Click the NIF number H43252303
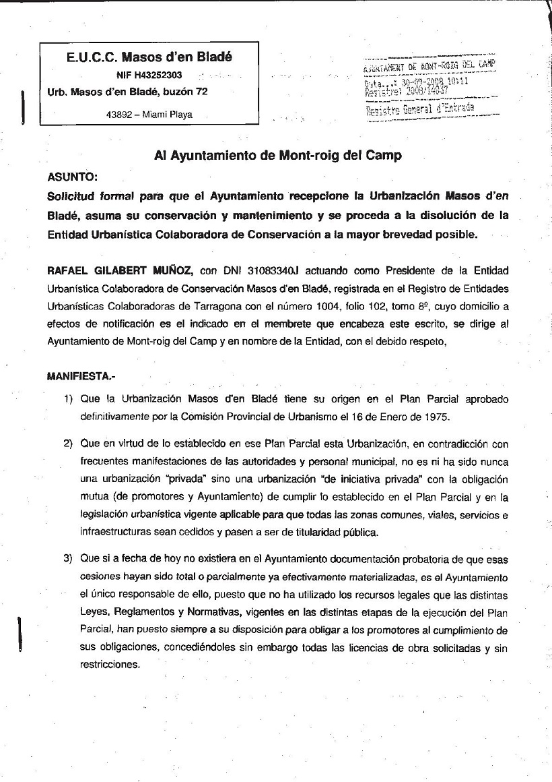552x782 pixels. [x=159, y=75]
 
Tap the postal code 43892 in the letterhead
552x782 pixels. [x=119, y=115]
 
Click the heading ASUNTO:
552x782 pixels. [x=73, y=177]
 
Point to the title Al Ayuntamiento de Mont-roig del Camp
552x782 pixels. [x=277, y=156]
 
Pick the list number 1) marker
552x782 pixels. [x=68, y=398]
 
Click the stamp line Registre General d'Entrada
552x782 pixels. [x=419, y=109]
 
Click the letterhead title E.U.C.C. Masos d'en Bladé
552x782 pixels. [x=149, y=57]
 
